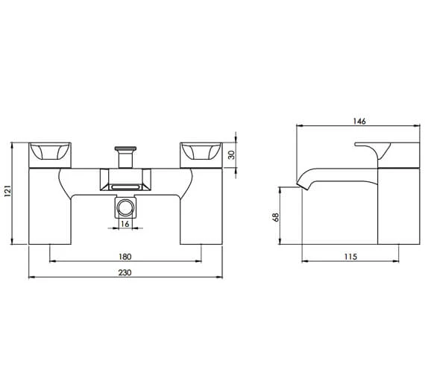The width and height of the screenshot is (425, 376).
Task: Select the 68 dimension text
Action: (275, 216)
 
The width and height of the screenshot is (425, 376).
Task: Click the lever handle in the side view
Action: (382, 148)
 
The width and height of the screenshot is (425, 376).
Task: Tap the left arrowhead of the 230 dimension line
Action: (30, 278)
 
